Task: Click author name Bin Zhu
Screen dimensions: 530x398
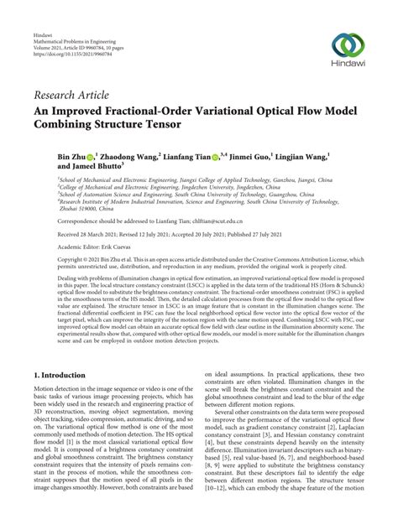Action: [70, 156]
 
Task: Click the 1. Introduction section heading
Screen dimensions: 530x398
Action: [68, 356]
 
